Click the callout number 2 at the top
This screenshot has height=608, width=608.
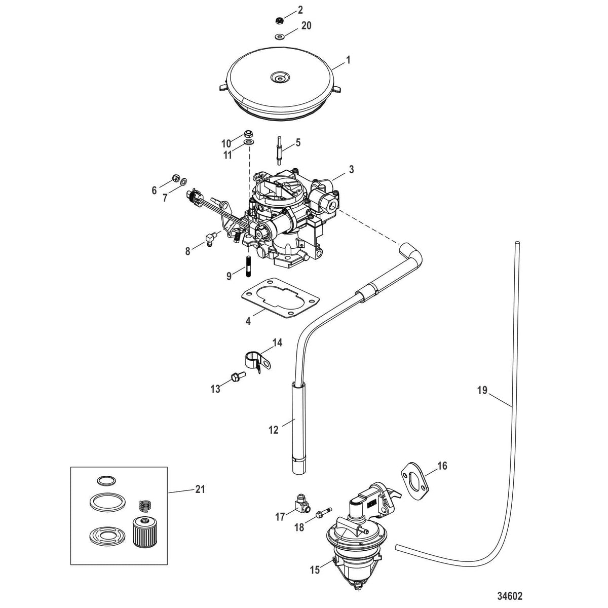[300, 9]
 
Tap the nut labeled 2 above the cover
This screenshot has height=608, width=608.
[279, 20]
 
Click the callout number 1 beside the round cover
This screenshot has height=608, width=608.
[348, 60]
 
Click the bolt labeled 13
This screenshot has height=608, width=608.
[236, 376]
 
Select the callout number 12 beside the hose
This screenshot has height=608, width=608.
[274, 430]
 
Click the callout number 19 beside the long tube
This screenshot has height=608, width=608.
[481, 390]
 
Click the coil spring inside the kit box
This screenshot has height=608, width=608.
[145, 506]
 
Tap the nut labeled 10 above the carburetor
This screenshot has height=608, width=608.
[249, 134]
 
